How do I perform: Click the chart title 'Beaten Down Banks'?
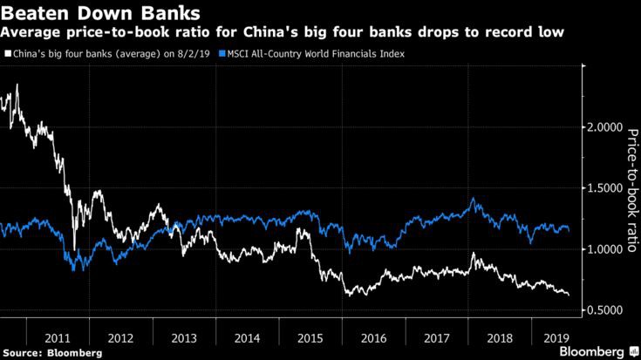pyautogui.click(x=100, y=13)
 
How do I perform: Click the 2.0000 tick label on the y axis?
pyautogui.click(x=605, y=127)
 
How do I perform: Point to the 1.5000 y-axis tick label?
pyautogui.click(x=605, y=188)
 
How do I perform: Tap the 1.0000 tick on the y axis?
pyautogui.click(x=605, y=248)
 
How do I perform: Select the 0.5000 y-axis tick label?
pyautogui.click(x=605, y=309)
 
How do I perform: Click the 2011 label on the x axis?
pyautogui.click(x=58, y=338)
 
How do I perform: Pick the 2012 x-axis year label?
pyautogui.click(x=120, y=338)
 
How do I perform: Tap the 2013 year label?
pyautogui.click(x=184, y=338)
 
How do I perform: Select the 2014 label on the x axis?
pyautogui.click(x=247, y=338)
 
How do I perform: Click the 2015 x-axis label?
pyautogui.click(x=310, y=338)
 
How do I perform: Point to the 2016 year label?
pyautogui.click(x=373, y=338)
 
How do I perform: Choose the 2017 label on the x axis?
pyautogui.click(x=437, y=338)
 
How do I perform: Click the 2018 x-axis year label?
pyautogui.click(x=500, y=338)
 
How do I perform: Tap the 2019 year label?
pyautogui.click(x=556, y=338)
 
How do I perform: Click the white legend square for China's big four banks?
pyautogui.click(x=8, y=53)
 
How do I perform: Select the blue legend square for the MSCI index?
pyautogui.click(x=222, y=53)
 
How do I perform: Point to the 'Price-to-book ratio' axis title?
pyautogui.click(x=632, y=190)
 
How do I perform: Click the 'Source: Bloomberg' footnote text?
pyautogui.click(x=52, y=353)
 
